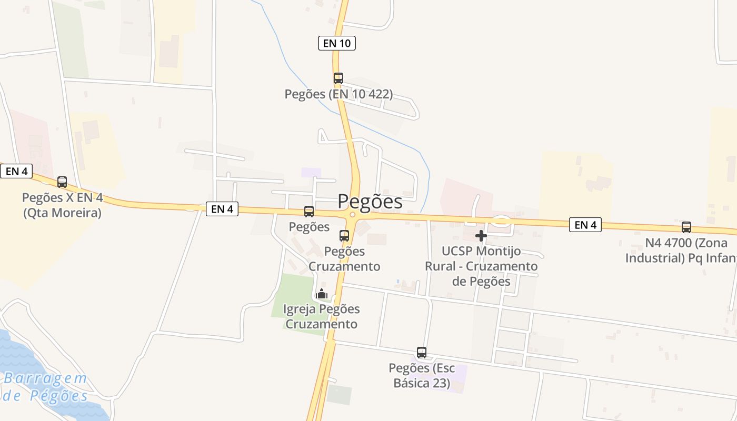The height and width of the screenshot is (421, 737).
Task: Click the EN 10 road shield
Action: tap(337, 43)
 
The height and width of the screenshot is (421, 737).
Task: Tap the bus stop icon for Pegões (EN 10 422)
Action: tap(338, 78)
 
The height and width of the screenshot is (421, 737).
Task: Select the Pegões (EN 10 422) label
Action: tap(338, 94)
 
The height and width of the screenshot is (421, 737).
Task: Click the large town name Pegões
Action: tap(370, 202)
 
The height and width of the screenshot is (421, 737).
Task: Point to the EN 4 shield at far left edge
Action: tap(16, 171)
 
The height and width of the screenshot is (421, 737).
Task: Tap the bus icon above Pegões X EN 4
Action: tap(62, 182)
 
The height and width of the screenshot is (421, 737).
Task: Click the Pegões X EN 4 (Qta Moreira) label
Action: tap(62, 206)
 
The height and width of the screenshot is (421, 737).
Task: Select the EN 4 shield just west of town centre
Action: tap(222, 209)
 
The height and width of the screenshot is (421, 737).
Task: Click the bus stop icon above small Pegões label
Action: tap(309, 212)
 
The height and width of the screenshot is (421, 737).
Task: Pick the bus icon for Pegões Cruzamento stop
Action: tap(344, 235)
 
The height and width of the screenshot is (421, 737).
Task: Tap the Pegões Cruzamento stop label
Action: tap(344, 259)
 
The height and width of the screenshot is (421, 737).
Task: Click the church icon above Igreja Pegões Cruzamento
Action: tap(322, 294)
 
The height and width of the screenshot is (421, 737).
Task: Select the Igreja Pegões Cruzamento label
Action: tap(321, 316)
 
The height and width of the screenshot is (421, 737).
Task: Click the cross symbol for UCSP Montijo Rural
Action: tap(481, 236)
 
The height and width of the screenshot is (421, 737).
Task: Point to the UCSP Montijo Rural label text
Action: tap(481, 266)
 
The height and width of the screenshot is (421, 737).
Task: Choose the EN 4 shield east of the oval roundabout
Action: tap(585, 225)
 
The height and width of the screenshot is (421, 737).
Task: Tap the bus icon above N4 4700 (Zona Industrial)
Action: tap(686, 227)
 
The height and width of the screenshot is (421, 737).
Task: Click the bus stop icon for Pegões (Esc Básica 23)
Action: tap(422, 352)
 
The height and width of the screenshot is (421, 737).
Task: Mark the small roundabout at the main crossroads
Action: tap(353, 215)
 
